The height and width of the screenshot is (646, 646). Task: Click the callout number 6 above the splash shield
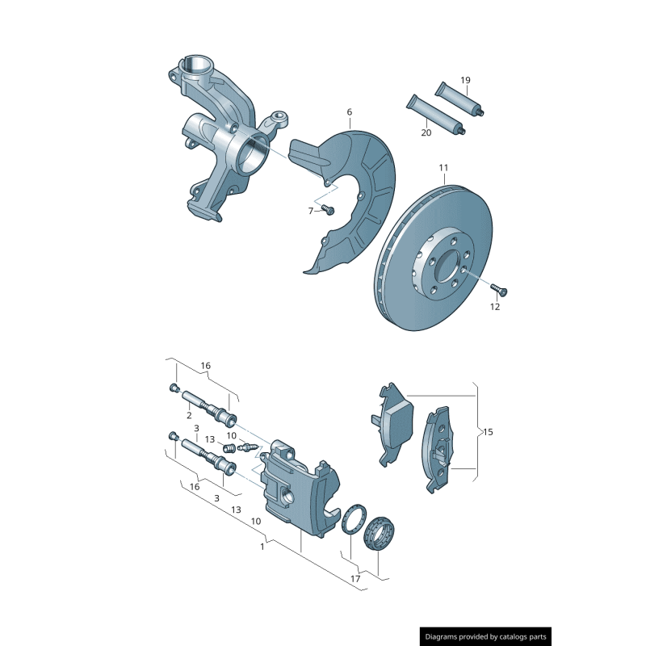pyautogui.click(x=350, y=111)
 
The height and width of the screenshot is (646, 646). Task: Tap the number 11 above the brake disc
pyautogui.click(x=443, y=168)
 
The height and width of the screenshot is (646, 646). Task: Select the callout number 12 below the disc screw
pyautogui.click(x=495, y=307)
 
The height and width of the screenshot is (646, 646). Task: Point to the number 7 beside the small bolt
pyautogui.click(x=310, y=211)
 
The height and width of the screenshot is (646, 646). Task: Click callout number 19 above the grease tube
pyautogui.click(x=465, y=80)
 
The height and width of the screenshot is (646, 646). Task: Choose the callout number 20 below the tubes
pyautogui.click(x=426, y=132)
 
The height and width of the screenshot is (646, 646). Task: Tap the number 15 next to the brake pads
pyautogui.click(x=487, y=432)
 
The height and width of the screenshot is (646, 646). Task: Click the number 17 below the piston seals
pyautogui.click(x=356, y=579)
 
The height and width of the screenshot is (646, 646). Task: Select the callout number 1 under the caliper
pyautogui.click(x=262, y=547)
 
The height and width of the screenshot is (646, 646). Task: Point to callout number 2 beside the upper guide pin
pyautogui.click(x=188, y=415)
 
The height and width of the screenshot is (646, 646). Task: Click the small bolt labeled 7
pyautogui.click(x=327, y=210)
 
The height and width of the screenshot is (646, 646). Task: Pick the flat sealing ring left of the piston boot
pyautogui.click(x=353, y=521)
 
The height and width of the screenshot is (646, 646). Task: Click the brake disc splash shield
pyautogui.click(x=355, y=194)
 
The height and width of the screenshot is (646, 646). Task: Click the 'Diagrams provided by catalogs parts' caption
pyautogui.click(x=486, y=636)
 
